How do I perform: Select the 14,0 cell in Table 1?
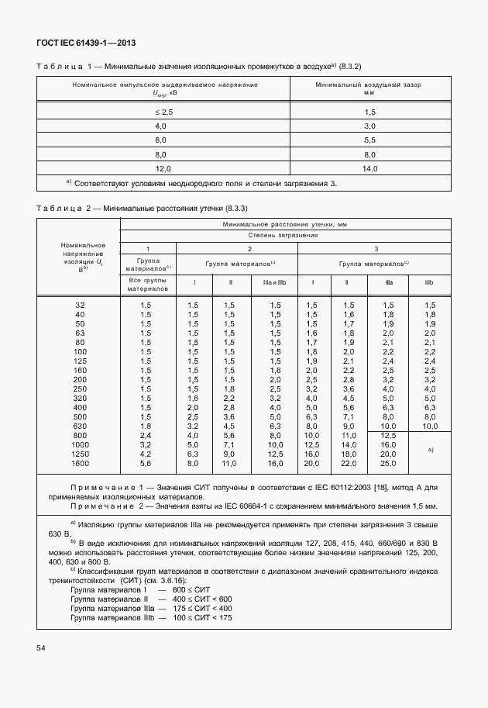click(369, 168)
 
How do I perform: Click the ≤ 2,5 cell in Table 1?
click(162, 112)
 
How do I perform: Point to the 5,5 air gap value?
click(369, 140)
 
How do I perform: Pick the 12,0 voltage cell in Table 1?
click(162, 168)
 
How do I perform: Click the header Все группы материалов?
click(148, 283)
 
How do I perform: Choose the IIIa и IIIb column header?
click(275, 283)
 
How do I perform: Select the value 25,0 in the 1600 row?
click(389, 463)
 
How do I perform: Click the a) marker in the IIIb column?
click(430, 450)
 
